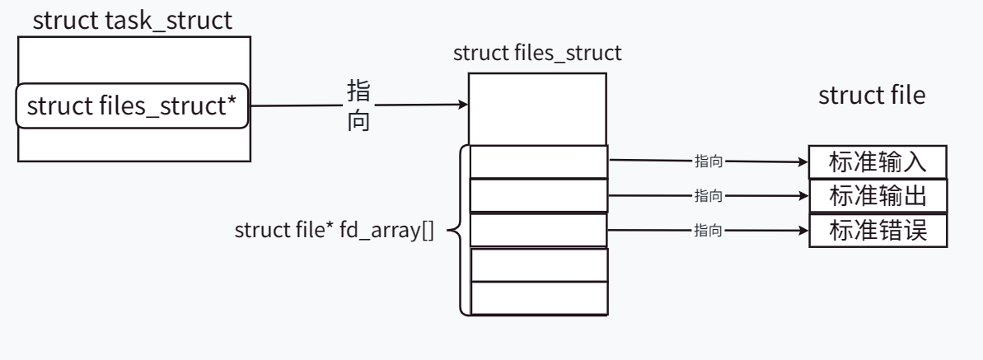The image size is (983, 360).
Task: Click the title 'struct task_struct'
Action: tap(132, 21)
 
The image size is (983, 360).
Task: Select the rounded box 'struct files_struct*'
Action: tap(133, 106)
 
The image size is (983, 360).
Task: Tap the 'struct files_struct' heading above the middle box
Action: tap(537, 54)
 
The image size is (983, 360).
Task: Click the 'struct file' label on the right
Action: tap(871, 96)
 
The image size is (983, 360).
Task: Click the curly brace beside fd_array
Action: tap(456, 230)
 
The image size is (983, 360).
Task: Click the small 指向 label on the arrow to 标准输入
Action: tap(709, 162)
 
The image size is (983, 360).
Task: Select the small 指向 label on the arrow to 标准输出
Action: tap(709, 196)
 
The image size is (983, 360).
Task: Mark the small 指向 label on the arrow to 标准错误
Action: tap(709, 231)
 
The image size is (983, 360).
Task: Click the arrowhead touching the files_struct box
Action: tap(464, 105)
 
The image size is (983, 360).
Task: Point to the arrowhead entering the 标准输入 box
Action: tap(803, 162)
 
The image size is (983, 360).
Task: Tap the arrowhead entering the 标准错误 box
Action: tap(803, 231)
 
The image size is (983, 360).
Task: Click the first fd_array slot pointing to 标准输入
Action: tap(538, 161)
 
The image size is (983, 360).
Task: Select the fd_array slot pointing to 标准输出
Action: tap(538, 195)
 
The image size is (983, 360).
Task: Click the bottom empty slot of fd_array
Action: tap(538, 298)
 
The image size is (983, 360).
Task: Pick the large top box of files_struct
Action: tap(538, 109)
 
